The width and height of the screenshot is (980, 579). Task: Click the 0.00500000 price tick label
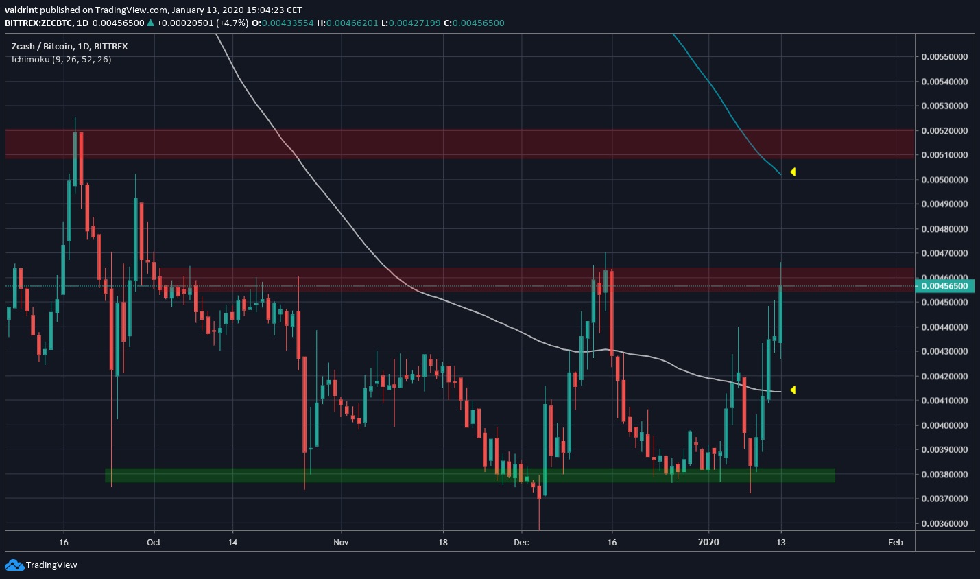944,180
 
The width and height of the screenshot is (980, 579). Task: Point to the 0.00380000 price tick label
944,475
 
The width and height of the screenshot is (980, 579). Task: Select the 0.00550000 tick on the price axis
944,57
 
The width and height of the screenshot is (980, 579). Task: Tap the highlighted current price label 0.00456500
944,286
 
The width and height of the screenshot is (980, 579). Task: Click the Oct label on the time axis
154,542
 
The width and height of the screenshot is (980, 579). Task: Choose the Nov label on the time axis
341,542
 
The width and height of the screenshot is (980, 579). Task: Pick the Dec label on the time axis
521,542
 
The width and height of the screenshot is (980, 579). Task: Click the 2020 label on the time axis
708,542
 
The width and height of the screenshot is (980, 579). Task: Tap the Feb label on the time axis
895,542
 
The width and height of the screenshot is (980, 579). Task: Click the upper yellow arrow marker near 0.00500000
793,172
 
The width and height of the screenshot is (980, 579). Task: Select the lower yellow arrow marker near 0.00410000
793,390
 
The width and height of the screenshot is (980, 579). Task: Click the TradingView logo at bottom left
41,565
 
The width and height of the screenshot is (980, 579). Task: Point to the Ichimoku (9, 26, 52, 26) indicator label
61,60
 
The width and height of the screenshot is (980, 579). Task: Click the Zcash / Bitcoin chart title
69,46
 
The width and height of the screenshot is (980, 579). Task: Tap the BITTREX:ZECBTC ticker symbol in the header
38,23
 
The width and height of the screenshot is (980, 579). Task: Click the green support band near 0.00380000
470,475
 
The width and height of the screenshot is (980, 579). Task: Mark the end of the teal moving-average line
780,174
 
